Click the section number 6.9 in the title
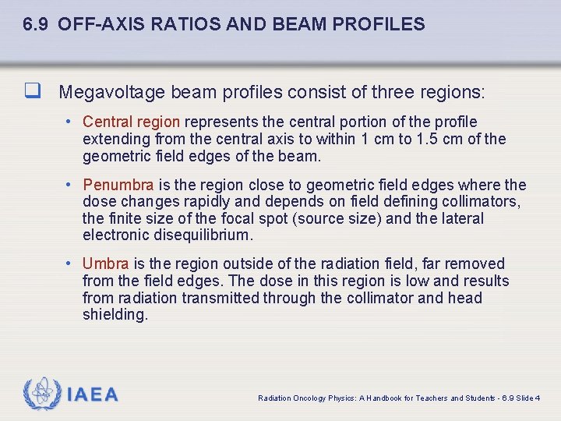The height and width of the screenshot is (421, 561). tap(37, 24)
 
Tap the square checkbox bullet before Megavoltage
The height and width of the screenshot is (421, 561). tap(33, 93)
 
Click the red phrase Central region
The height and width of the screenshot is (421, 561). tap(131, 122)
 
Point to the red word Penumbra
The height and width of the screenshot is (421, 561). tap(118, 185)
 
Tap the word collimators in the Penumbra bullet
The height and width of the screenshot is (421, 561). tap(482, 202)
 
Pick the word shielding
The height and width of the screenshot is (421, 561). tap(115, 315)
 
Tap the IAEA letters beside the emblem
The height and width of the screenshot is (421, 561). tap(93, 394)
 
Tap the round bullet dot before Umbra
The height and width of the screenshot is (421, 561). tap(69, 264)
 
